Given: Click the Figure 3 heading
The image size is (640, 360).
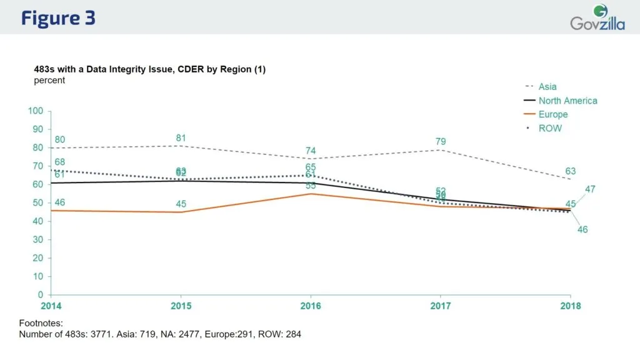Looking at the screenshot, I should (x=58, y=17).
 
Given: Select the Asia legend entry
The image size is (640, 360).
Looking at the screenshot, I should (x=547, y=87).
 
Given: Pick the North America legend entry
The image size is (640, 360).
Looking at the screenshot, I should (x=567, y=101).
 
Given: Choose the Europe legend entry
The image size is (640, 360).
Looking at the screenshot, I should (x=552, y=114).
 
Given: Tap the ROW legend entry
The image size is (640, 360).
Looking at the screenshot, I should (x=550, y=128).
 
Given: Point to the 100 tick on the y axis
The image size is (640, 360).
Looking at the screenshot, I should (x=36, y=111).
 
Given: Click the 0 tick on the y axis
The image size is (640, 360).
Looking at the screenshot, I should (x=40, y=294).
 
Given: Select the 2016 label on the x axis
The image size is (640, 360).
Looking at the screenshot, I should (x=311, y=306).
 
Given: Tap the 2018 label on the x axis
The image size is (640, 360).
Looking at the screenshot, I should (x=570, y=306).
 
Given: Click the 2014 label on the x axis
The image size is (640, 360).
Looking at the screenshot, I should (x=51, y=306).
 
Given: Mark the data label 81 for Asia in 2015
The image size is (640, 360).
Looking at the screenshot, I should (x=181, y=137).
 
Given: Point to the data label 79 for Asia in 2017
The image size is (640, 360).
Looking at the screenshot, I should (x=441, y=141).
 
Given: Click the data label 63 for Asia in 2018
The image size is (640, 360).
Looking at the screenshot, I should (x=570, y=171).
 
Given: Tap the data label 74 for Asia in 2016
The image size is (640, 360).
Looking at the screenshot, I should (x=311, y=151).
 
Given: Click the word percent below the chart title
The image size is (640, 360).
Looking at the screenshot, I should (x=49, y=81).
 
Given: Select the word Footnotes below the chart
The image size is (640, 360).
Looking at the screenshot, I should (x=42, y=323).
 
